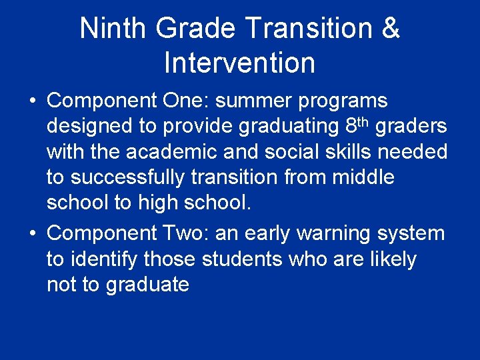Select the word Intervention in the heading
click(239, 63)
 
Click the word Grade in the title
click(197, 29)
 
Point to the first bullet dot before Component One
click(32, 101)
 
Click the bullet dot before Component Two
click(32, 234)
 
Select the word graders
click(411, 127)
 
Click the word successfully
click(137, 178)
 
